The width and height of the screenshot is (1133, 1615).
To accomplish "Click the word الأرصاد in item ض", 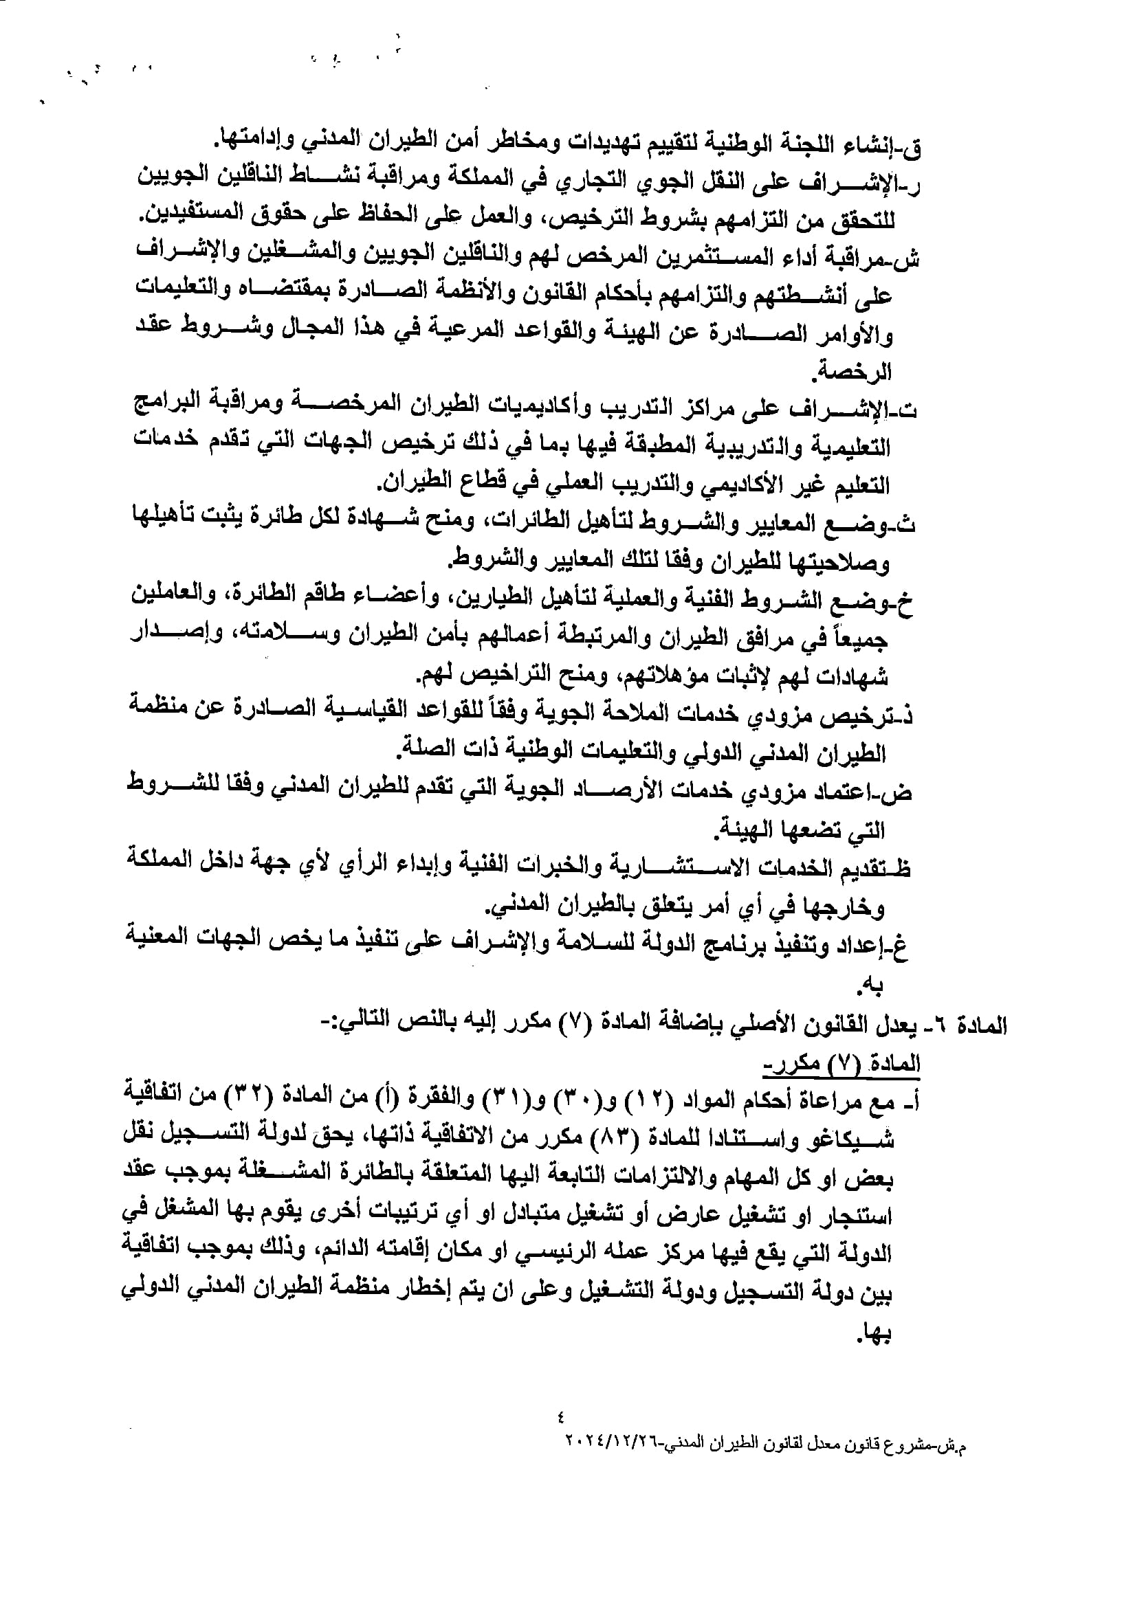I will pyautogui.click(x=624, y=791).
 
